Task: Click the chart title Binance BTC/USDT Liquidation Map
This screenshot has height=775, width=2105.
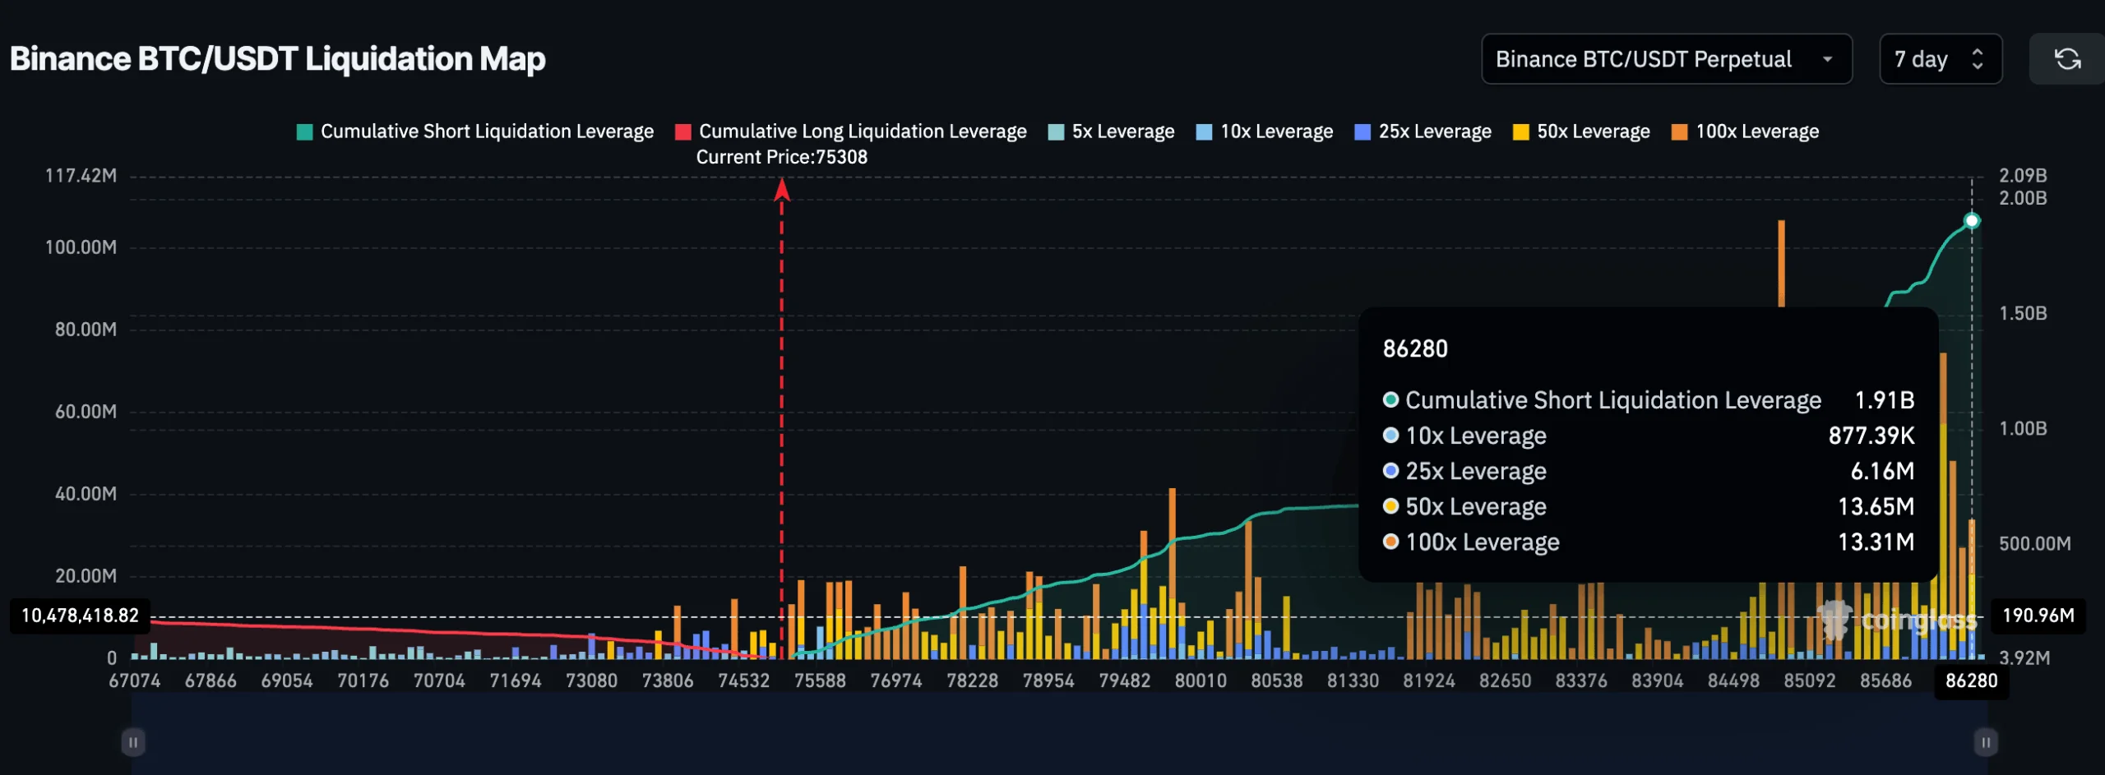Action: [x=278, y=59]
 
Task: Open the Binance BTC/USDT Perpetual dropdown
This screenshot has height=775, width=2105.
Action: [x=1666, y=59]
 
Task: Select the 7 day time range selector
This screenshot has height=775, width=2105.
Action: [x=1940, y=59]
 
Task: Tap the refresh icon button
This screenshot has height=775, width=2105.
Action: [x=2067, y=59]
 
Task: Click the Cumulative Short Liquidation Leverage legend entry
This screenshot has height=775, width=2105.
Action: [x=475, y=131]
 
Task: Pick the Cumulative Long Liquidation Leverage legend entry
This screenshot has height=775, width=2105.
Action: [x=851, y=131]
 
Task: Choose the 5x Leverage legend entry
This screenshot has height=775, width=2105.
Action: [x=1112, y=131]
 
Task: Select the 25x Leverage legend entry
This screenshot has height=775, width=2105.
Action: [x=1423, y=131]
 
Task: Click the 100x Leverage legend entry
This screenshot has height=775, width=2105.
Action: [x=1746, y=131]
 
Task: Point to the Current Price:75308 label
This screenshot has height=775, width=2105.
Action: [x=781, y=157]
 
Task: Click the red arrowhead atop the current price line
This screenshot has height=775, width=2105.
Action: [x=782, y=191]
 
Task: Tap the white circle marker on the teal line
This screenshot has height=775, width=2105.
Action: [x=1972, y=220]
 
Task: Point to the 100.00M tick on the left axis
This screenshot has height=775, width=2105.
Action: [x=81, y=247]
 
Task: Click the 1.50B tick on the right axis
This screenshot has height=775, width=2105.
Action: [x=2023, y=313]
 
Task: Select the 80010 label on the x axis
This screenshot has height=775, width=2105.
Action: [x=1201, y=680]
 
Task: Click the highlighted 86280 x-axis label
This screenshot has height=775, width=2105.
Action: [x=1971, y=680]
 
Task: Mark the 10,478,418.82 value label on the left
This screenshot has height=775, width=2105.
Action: [x=80, y=616]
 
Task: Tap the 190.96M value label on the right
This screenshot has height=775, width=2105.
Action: [x=2038, y=616]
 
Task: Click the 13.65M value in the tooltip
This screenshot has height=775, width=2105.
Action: [x=1876, y=506]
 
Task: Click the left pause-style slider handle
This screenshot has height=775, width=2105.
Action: [x=133, y=742]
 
